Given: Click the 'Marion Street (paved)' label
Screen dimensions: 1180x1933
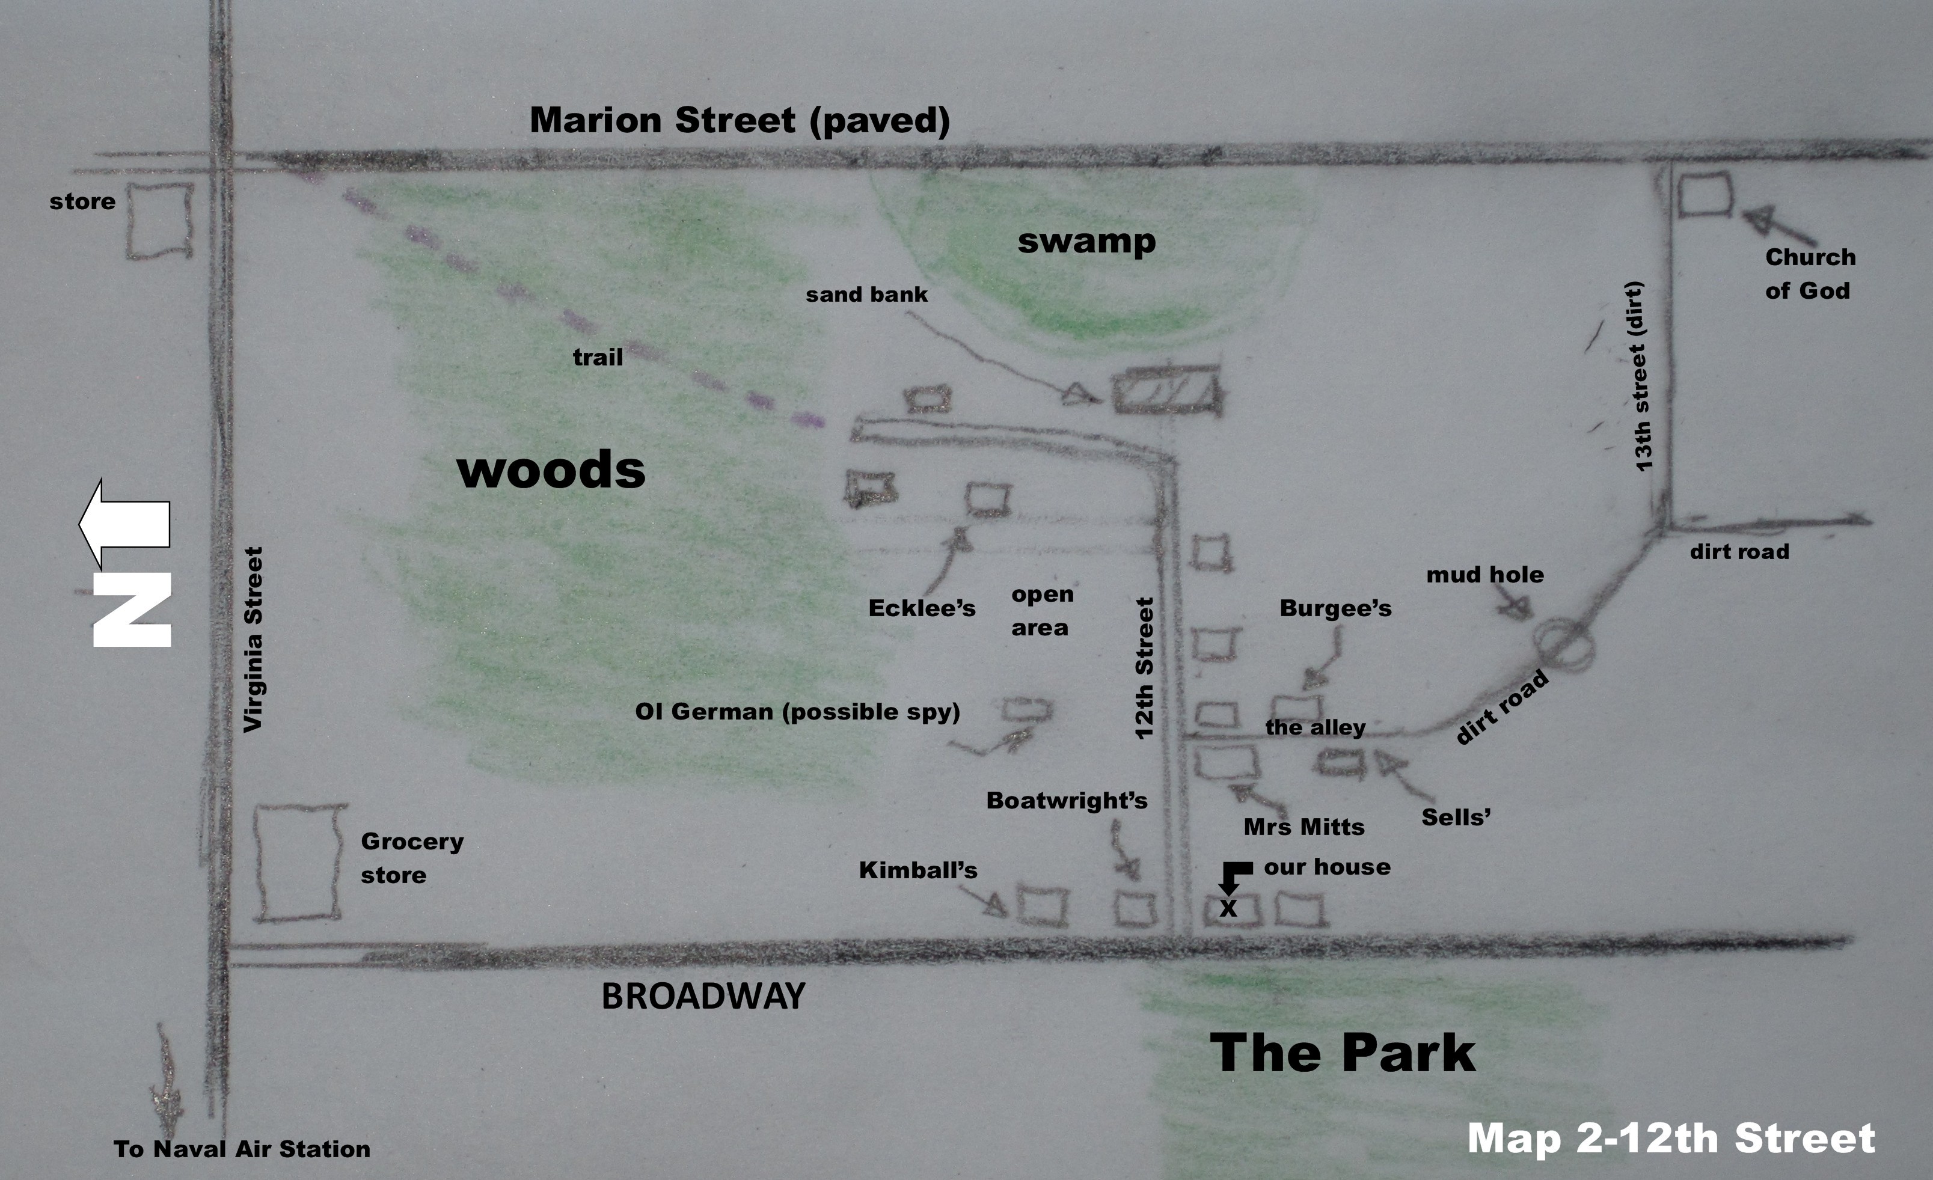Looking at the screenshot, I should point(740,121).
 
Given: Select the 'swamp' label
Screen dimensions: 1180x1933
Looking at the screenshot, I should point(1086,241).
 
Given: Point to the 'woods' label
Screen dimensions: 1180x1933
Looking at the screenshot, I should point(551,469).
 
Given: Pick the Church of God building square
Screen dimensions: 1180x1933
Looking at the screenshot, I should point(1705,195).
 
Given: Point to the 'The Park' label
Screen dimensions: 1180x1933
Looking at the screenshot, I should point(1342,1053).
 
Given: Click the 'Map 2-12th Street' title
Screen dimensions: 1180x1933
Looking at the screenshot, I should point(1671,1139).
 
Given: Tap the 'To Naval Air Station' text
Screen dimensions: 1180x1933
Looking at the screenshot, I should point(242,1149).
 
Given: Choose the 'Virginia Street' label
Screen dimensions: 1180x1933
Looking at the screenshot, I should point(253,640).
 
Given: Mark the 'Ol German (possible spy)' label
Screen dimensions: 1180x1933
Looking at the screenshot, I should point(797,712).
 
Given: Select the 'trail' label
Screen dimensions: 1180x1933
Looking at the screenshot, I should point(598,358).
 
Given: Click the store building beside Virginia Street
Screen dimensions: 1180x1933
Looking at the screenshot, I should point(160,221).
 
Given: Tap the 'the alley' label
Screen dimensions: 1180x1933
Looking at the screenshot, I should point(1315,727).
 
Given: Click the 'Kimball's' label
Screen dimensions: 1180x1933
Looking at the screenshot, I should point(918,870).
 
